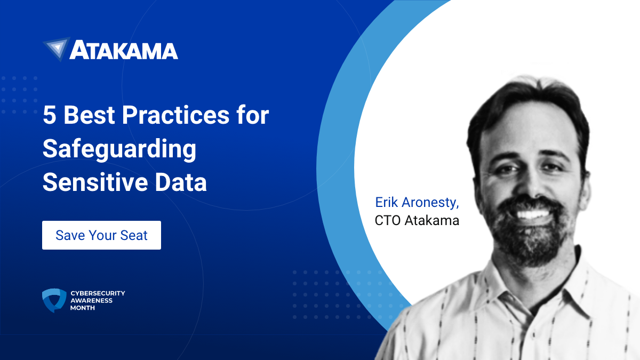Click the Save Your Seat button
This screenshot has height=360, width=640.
coord(101,235)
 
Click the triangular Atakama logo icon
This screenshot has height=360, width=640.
coord(56,49)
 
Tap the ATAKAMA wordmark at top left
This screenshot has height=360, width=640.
coord(124,50)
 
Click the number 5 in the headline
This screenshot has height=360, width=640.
coord(49,116)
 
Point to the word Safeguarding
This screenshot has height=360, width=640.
coord(119,150)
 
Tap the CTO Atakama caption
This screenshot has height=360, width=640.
coord(417,220)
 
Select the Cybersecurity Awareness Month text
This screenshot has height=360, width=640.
coord(98,300)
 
